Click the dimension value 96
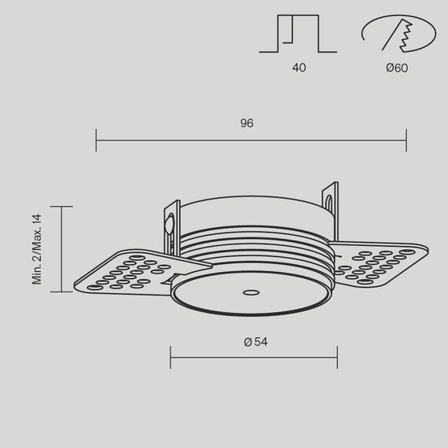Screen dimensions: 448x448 pos(246,123)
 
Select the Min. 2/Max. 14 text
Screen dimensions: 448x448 pos(37,248)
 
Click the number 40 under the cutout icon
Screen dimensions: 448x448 pos(299,68)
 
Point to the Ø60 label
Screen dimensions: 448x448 pos(397,68)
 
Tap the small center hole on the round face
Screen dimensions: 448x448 pos(251,292)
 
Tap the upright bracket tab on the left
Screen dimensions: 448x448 pos(170,225)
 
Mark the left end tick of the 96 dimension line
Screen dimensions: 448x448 pos(96,141)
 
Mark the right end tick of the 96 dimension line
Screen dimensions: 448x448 pos(406,141)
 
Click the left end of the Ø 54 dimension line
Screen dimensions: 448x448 pos(171,358)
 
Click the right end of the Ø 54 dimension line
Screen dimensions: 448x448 pos(337,358)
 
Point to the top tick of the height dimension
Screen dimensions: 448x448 pos(61,207)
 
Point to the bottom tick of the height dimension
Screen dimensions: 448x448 pos(61,292)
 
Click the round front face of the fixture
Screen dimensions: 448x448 pos(252,295)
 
